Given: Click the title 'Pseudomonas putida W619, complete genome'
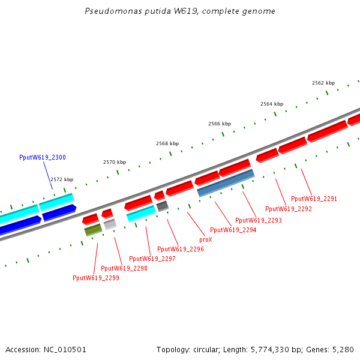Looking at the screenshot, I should pyautogui.click(x=180, y=11).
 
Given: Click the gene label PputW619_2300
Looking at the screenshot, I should pyautogui.click(x=43, y=157).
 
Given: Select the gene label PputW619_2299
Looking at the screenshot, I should pyautogui.click(x=95, y=278).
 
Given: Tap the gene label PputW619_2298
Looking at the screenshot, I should pyautogui.click(x=124, y=268).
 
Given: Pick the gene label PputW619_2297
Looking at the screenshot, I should pyautogui.click(x=152, y=259).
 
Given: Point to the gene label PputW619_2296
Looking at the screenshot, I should pyautogui.click(x=180, y=249).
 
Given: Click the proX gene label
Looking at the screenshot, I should pyautogui.click(x=205, y=239).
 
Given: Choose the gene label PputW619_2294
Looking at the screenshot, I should pyautogui.click(x=233, y=230).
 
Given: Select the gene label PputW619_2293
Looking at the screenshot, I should pyautogui.click(x=258, y=220).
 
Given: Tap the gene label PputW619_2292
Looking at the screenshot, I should pyautogui.click(x=288, y=209).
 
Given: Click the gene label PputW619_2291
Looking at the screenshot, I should pyautogui.click(x=314, y=199).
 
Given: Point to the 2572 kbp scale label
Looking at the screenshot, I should pyautogui.click(x=62, y=179).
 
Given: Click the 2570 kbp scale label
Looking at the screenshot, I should pyautogui.click(x=115, y=162).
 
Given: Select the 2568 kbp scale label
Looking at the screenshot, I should pyautogui.click(x=167, y=143).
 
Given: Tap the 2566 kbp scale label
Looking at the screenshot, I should pyautogui.click(x=220, y=124).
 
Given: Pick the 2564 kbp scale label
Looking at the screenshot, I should pyautogui.click(x=272, y=104).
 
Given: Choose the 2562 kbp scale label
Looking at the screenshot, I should pyautogui.click(x=323, y=83).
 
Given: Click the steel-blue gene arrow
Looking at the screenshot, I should pyautogui.click(x=226, y=183).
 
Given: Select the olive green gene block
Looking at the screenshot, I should pyautogui.click(x=92, y=230).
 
